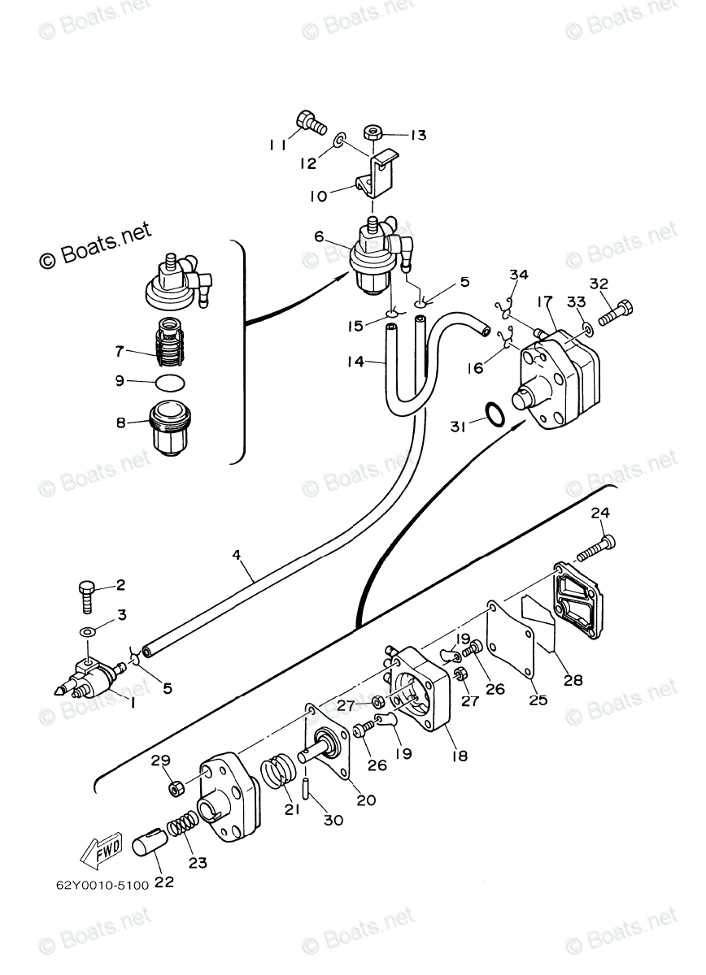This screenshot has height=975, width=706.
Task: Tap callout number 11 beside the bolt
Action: [277, 145]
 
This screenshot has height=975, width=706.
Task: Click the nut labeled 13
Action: [375, 132]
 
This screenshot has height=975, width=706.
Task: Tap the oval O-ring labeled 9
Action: [170, 382]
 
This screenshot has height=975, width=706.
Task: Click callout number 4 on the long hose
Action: [237, 556]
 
